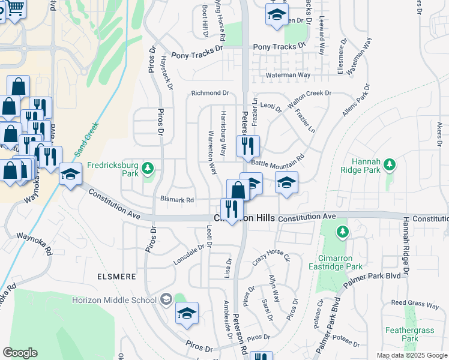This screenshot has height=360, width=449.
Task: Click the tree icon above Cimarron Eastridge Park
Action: tap(342, 232)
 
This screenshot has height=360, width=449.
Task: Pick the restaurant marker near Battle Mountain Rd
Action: tap(247, 145)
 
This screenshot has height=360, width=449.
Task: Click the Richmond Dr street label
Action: tap(210, 93)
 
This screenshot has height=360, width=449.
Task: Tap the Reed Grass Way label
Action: tap(415, 305)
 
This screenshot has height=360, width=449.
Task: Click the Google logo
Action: tap(20, 353)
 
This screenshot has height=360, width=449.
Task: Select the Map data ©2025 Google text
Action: tap(411, 355)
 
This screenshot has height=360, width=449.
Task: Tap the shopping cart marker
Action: tap(15, 8)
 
